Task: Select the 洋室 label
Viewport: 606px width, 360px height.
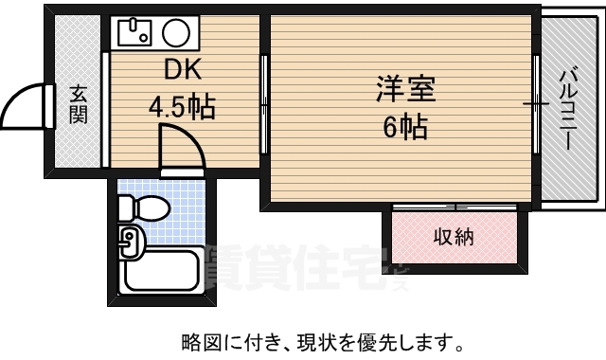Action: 404,90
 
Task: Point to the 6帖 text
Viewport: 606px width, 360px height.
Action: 404,126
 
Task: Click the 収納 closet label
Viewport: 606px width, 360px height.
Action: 454,236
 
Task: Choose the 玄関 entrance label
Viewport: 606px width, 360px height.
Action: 78,106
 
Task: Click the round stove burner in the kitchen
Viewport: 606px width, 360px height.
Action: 176,34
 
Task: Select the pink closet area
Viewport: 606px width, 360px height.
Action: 454,237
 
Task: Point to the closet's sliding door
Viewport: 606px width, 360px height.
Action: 454,206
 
